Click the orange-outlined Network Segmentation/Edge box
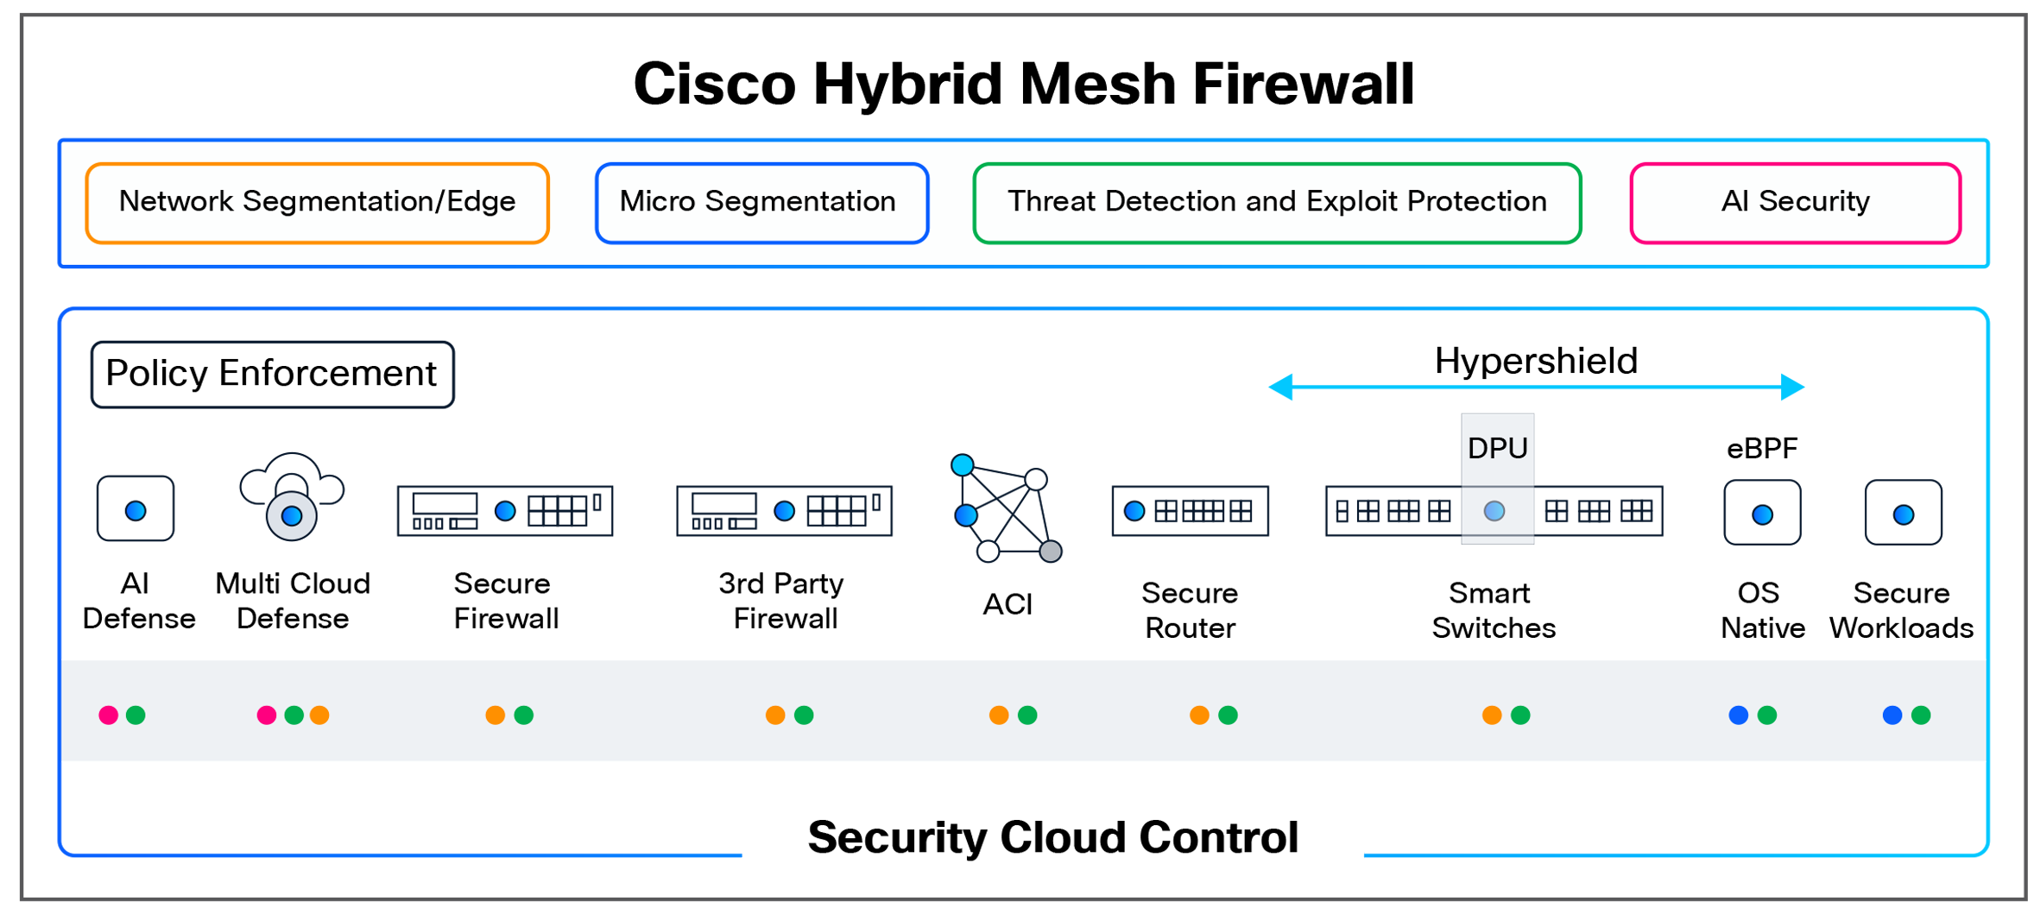point(316,203)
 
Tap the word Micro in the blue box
point(657,201)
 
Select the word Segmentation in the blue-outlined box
point(800,201)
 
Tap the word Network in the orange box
point(176,201)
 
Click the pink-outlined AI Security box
point(1794,203)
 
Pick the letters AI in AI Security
point(1734,201)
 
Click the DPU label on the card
point(1497,448)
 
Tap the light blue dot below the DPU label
point(1494,511)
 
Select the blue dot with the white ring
point(292,516)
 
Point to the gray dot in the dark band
point(1050,552)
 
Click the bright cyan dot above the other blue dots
point(962,465)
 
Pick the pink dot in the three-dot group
point(267,715)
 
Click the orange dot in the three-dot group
point(319,715)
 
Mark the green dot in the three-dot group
point(294,715)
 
